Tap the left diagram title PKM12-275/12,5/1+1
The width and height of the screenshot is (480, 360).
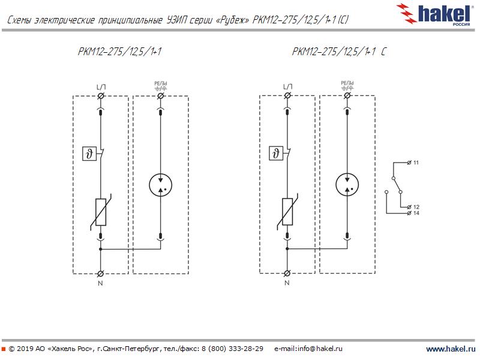click(x=121, y=52)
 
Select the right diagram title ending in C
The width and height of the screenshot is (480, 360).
click(x=339, y=52)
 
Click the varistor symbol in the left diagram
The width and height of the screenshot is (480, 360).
click(x=100, y=213)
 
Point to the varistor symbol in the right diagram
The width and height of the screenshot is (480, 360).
click(x=287, y=213)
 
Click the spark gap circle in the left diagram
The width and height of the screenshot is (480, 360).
click(x=160, y=185)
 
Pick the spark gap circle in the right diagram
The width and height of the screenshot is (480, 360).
click(x=347, y=185)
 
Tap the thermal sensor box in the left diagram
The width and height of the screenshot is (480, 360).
click(x=88, y=154)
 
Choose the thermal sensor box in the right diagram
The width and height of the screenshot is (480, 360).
click(x=275, y=154)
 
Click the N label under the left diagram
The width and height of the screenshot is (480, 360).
click(x=100, y=281)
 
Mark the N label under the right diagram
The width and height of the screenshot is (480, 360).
click(x=287, y=281)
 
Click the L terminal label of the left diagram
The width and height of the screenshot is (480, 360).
click(x=100, y=88)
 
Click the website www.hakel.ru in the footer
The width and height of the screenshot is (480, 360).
click(x=450, y=349)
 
